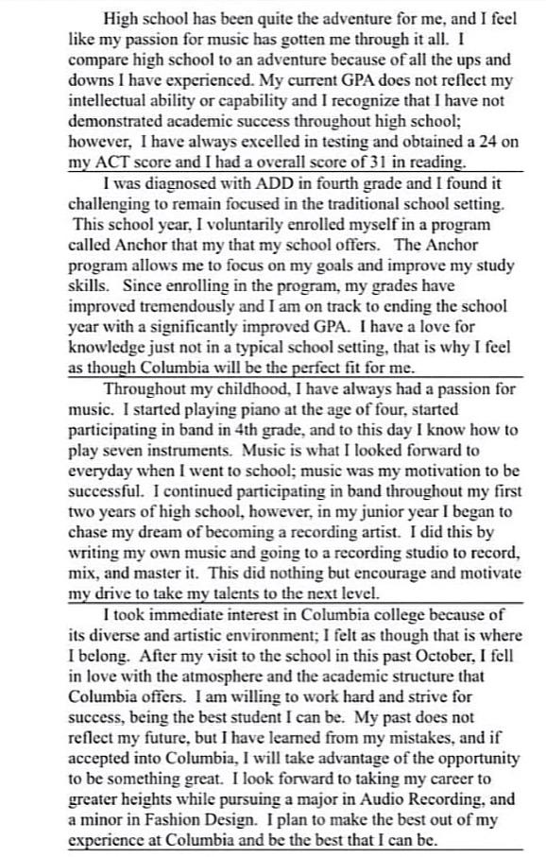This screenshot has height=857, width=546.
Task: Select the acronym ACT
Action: point(114,162)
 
